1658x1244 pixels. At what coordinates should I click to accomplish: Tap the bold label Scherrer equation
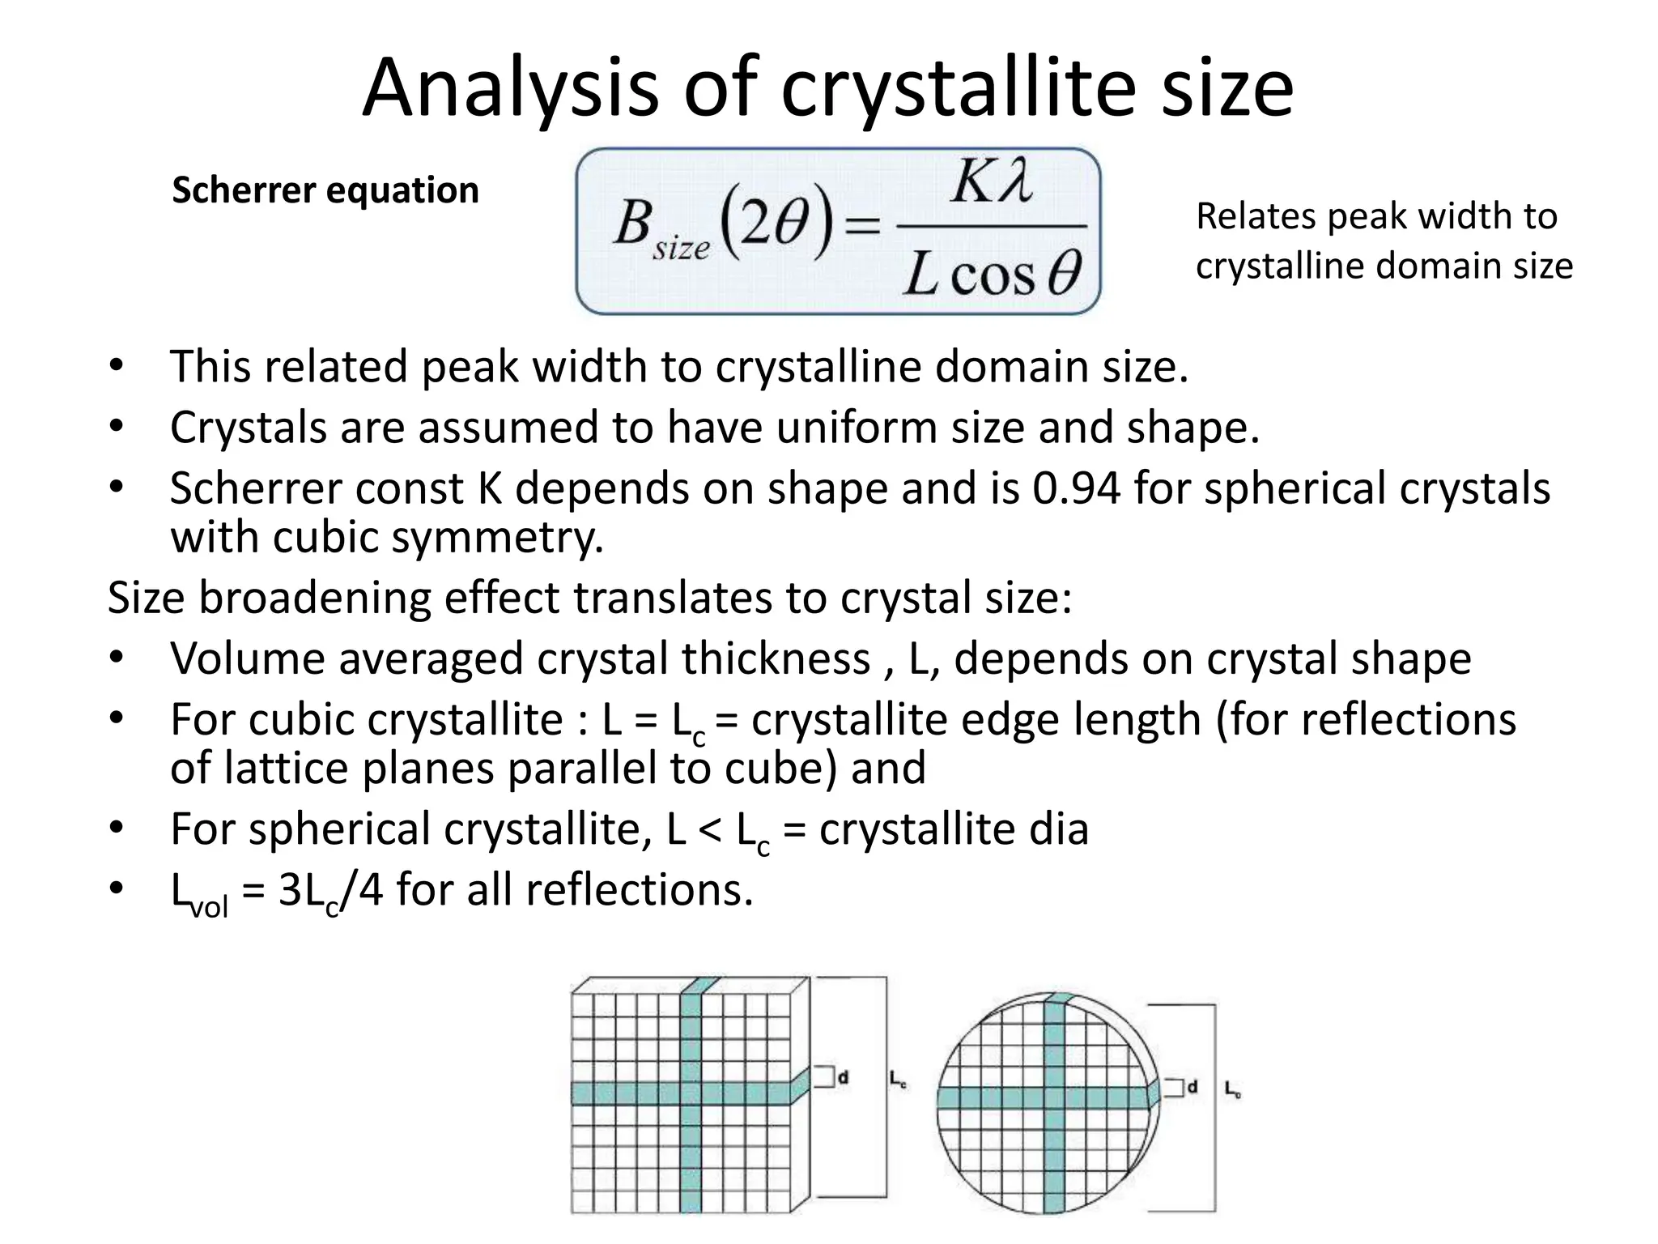point(325,191)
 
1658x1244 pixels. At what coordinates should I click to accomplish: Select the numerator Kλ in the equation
point(991,182)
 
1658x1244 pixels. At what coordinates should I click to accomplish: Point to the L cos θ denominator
point(993,274)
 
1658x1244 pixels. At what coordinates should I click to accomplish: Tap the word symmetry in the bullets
point(495,538)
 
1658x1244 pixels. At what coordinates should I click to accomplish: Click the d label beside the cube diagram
point(843,1078)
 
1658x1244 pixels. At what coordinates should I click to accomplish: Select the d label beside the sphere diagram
point(1192,1088)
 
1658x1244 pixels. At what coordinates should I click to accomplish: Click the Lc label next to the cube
point(897,1079)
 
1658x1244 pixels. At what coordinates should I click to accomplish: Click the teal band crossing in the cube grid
point(691,1093)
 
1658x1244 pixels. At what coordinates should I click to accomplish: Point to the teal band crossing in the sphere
point(1053,1098)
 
